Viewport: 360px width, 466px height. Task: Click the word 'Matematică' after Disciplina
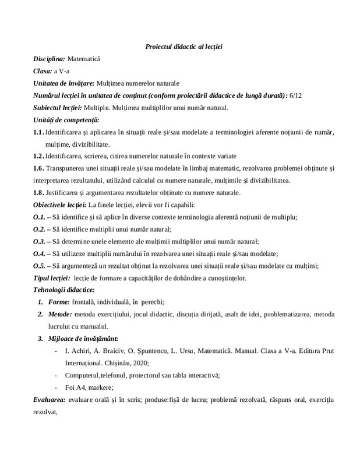coord(84,59)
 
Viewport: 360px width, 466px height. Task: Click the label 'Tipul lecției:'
coord(51,278)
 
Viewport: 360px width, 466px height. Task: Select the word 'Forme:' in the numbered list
coord(58,302)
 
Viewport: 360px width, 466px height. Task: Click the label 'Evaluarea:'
coord(50,400)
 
